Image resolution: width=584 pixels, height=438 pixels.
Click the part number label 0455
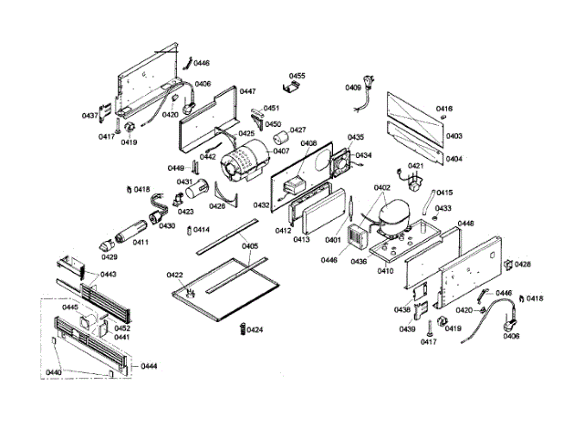[297, 76]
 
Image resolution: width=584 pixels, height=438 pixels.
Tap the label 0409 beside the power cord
[353, 88]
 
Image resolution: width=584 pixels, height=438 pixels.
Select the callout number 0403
[454, 136]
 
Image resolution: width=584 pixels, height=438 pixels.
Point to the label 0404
[454, 159]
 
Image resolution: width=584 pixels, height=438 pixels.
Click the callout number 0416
[444, 108]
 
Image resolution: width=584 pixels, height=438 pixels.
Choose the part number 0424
[255, 328]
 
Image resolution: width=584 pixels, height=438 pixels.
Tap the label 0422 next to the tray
[175, 275]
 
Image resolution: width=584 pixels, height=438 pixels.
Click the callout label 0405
[251, 245]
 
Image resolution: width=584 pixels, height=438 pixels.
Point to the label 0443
[109, 274]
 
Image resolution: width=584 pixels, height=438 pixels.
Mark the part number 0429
[109, 258]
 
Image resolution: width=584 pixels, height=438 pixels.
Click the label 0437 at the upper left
[90, 116]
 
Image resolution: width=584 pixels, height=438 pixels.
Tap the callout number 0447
[247, 92]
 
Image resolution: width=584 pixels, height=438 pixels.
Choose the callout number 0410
[385, 270]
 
